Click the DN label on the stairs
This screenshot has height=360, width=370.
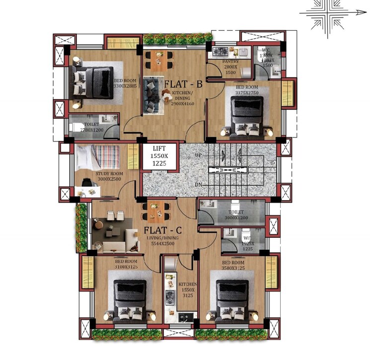point(199,184)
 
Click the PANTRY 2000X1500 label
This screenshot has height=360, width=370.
point(231,70)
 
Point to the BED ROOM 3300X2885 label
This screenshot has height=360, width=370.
point(125,83)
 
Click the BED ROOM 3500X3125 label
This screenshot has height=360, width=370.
point(233,265)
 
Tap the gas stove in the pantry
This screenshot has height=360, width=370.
point(219,51)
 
